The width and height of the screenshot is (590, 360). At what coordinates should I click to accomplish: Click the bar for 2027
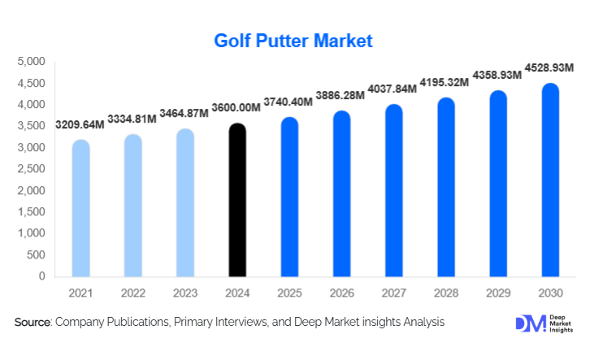[393, 190]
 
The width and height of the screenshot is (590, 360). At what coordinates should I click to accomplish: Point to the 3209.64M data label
[80, 125]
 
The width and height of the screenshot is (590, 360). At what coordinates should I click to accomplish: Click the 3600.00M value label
[236, 108]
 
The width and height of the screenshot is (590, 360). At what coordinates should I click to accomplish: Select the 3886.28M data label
[341, 96]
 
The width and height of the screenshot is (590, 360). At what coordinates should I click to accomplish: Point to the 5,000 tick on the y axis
[31, 62]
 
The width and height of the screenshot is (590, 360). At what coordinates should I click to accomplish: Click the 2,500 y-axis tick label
[31, 169]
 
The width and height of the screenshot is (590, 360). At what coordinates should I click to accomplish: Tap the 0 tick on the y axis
[41, 276]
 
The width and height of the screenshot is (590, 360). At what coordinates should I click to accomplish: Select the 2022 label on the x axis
[133, 293]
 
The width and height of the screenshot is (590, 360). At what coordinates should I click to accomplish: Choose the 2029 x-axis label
[498, 293]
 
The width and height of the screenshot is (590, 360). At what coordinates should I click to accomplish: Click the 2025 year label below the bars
[289, 293]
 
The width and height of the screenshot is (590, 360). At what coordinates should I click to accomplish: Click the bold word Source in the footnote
[33, 323]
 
